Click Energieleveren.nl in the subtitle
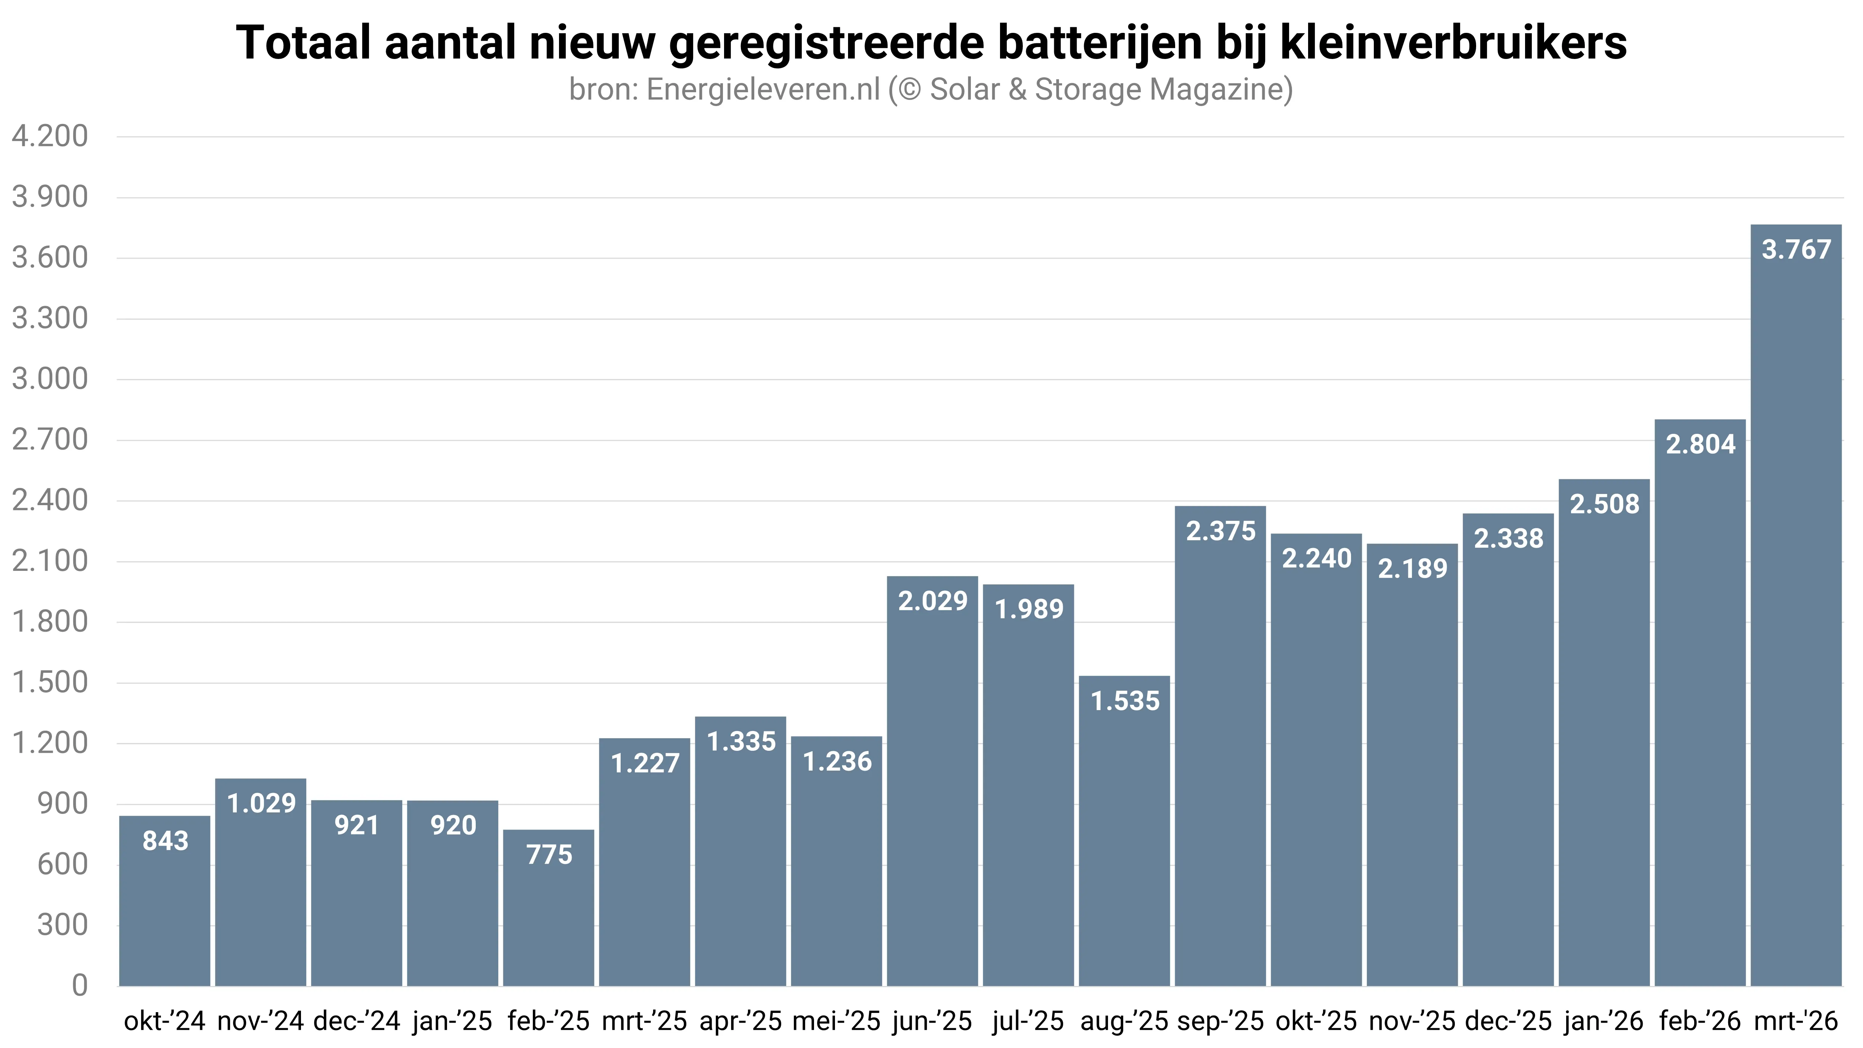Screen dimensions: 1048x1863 (763, 90)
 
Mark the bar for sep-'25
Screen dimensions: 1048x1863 (1221, 759)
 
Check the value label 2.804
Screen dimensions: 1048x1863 (1700, 444)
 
